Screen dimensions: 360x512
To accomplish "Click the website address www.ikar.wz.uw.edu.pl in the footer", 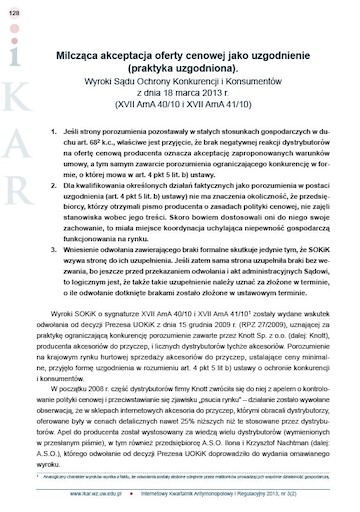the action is pos(95,494).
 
